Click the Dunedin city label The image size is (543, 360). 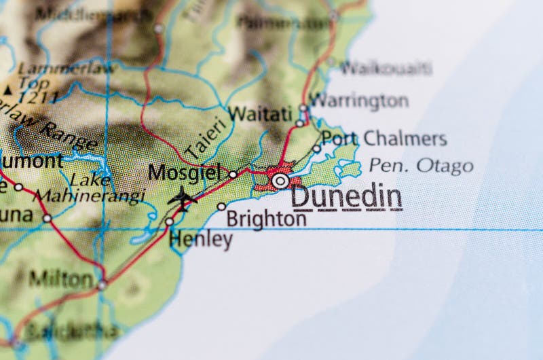[x=346, y=197]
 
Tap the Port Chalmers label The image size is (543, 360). [x=384, y=139]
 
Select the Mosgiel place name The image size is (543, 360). [x=185, y=173]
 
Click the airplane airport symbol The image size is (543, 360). [x=182, y=198]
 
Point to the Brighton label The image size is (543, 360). [x=266, y=219]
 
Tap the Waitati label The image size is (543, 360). [x=260, y=113]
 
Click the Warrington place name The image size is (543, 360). [x=358, y=101]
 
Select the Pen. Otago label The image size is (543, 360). [x=421, y=165]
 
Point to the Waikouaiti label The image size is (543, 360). [x=386, y=68]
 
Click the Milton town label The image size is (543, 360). [x=61, y=278]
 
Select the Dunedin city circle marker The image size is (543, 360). [x=280, y=181]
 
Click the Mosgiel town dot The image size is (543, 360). [x=233, y=175]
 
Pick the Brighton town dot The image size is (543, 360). [x=221, y=206]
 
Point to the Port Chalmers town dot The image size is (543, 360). [x=316, y=148]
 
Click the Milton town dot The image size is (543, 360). [x=102, y=285]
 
